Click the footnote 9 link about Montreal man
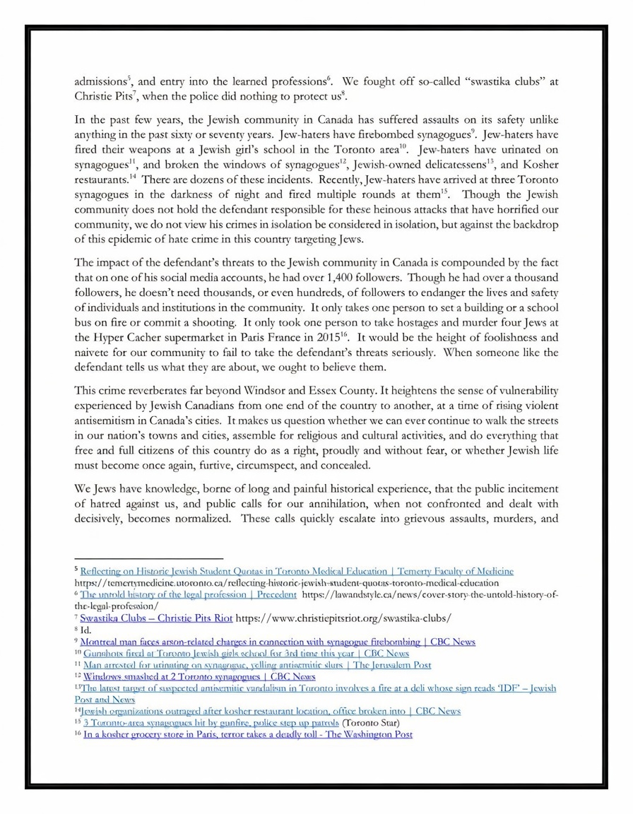(278, 642)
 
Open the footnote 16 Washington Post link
(247, 735)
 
